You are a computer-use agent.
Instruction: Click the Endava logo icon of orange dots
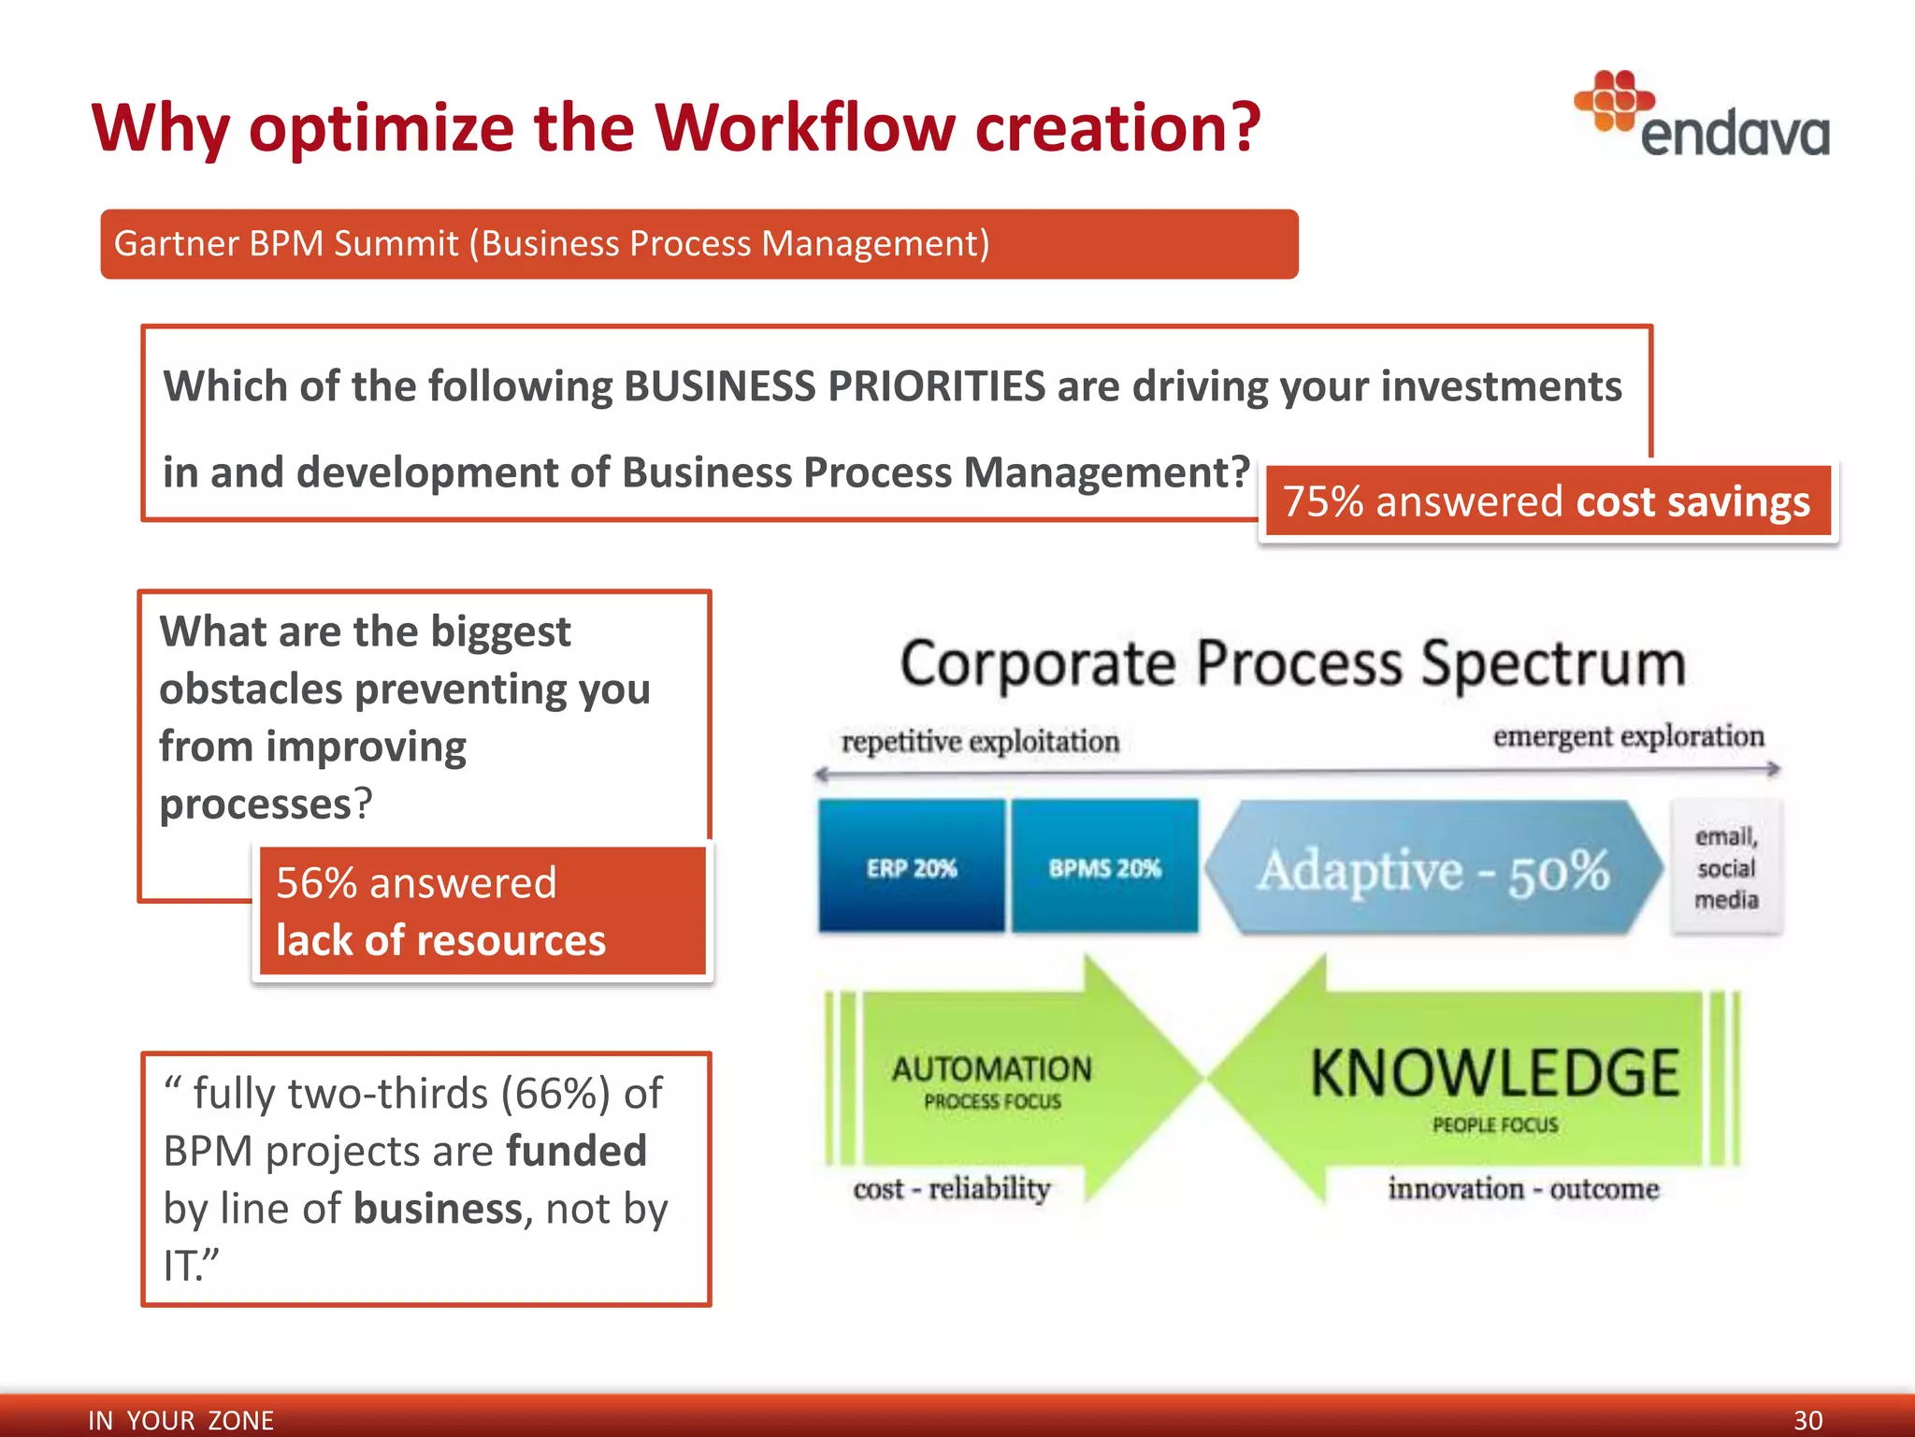point(1613,101)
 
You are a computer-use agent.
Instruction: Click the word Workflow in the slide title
point(807,127)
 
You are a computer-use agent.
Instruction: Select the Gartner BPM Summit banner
point(698,244)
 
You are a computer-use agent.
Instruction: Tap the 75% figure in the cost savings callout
point(1322,502)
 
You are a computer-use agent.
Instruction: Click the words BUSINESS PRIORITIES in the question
point(834,386)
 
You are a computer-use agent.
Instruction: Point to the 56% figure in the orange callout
point(316,883)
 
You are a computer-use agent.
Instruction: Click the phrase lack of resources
point(440,940)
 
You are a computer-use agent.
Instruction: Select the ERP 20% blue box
point(912,867)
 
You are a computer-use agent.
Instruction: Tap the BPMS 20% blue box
point(1104,867)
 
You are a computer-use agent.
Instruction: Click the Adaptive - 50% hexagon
point(1433,869)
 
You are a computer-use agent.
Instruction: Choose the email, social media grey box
point(1726,867)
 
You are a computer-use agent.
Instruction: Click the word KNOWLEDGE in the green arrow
point(1494,1073)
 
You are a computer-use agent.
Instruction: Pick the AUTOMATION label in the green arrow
point(991,1069)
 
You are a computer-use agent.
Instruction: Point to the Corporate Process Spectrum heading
point(1292,663)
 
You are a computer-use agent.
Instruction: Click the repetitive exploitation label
point(980,741)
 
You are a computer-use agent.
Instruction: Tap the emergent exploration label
point(1628,736)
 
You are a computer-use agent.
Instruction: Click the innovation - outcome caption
point(1522,1189)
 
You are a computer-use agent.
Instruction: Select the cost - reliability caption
point(951,1189)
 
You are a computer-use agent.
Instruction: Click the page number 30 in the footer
point(1807,1419)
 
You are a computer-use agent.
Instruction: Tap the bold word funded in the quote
point(576,1151)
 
